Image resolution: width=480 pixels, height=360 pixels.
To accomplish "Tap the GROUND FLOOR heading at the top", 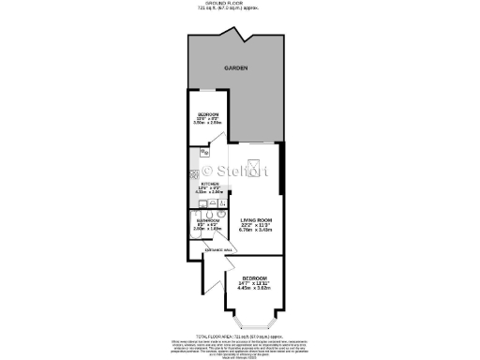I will [239, 3].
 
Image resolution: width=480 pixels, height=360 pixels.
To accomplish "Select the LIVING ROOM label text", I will [256, 220].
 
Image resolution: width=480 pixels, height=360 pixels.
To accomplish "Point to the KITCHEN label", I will [222, 184].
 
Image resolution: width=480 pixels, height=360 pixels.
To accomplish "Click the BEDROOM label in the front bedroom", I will [254, 279].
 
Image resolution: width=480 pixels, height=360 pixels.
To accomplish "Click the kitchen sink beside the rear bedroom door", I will [205, 153].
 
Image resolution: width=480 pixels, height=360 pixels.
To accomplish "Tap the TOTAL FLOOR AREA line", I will [239, 335].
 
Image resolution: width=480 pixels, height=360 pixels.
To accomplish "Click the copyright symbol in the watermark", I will [209, 172].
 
